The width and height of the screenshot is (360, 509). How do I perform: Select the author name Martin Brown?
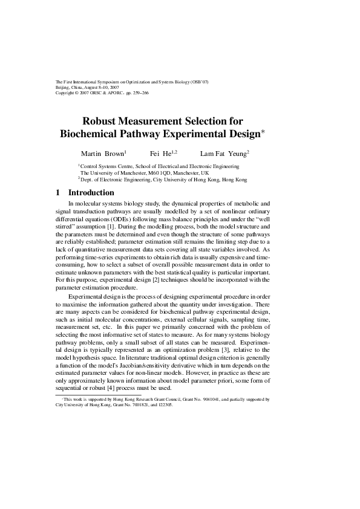[103, 154]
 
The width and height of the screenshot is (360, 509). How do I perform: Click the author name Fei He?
[162, 154]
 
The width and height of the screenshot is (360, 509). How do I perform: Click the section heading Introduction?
[91, 193]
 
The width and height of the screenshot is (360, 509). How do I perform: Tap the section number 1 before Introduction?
[57, 193]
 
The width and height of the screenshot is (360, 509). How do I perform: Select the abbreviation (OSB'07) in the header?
[199, 82]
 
